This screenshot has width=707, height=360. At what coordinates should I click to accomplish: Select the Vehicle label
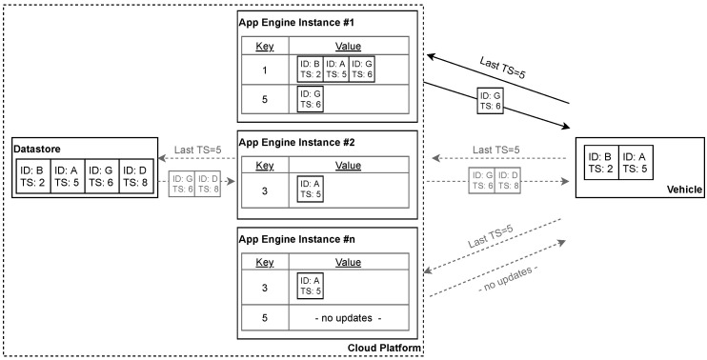[x=684, y=190]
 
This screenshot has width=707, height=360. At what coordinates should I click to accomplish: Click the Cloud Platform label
[x=384, y=350]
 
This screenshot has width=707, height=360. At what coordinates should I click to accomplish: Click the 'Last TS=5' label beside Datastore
[x=199, y=149]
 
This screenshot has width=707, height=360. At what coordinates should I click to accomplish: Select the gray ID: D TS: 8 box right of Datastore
[x=211, y=185]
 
